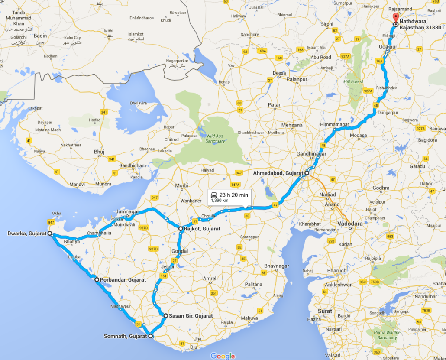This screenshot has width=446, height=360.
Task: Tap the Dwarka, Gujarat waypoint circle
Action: (50, 234)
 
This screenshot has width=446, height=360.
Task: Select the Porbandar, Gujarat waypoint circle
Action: (97, 280)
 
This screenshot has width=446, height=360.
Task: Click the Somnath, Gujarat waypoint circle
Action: (151, 336)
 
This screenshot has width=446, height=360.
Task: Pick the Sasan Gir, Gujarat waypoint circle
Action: (165, 316)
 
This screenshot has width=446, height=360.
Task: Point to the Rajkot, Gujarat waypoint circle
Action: (181, 228)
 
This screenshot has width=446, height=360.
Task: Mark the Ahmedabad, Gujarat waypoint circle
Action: (307, 173)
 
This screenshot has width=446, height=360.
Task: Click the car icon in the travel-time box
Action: (213, 195)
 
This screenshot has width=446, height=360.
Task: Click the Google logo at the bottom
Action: (223, 356)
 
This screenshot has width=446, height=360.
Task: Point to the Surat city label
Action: (325, 311)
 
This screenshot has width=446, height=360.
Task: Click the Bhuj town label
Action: (99, 152)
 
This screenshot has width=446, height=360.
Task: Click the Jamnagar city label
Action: (127, 211)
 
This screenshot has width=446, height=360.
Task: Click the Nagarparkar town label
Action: (178, 61)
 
